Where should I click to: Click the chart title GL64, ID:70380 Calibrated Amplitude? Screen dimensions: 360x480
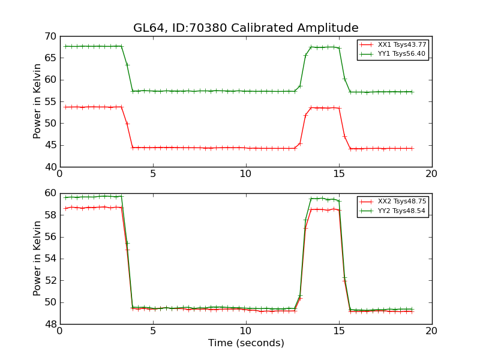pyautogui.click(x=245, y=28)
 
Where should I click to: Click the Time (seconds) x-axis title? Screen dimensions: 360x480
pyautogui.click(x=246, y=343)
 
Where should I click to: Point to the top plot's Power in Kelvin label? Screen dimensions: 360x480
pyautogui.click(x=38, y=101)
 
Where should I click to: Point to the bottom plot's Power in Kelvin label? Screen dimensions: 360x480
pyautogui.click(x=38, y=258)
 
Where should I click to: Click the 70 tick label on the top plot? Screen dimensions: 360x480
pyautogui.click(x=50, y=37)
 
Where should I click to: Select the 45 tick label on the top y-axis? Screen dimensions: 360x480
pyautogui.click(x=50, y=145)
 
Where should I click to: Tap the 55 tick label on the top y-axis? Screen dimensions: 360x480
pyautogui.click(x=50, y=102)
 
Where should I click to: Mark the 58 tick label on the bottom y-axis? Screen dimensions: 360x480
pyautogui.click(x=50, y=215)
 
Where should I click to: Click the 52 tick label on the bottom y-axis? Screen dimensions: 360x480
pyautogui.click(x=50, y=280)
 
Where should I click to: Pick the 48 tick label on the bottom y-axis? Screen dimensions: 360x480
pyautogui.click(x=50, y=324)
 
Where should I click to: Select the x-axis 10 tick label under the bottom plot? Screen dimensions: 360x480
pyautogui.click(x=246, y=331)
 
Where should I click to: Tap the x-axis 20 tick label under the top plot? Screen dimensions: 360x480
pyautogui.click(x=431, y=173)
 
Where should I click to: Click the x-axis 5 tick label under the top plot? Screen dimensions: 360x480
pyautogui.click(x=153, y=173)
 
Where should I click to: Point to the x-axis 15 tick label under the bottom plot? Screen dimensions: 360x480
pyautogui.click(x=339, y=331)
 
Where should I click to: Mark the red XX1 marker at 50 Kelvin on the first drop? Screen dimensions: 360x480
pyautogui.click(x=127, y=124)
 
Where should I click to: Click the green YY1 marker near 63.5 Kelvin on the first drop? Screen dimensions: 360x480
pyautogui.click(x=127, y=65)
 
